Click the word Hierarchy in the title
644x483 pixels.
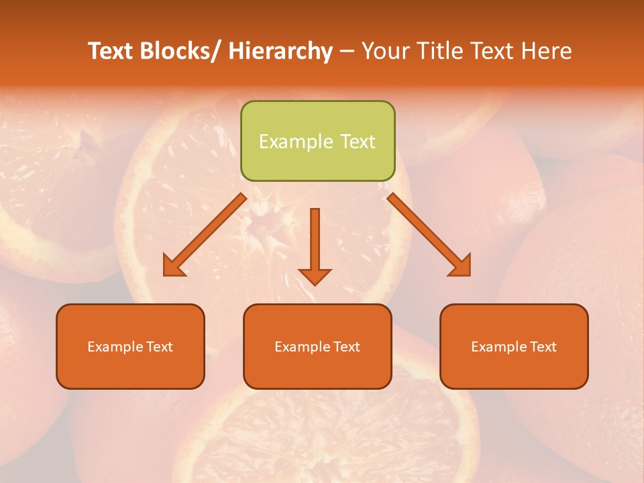coord(280,51)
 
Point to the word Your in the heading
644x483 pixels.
coord(387,51)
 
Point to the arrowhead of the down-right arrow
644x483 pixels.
coord(461,266)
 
